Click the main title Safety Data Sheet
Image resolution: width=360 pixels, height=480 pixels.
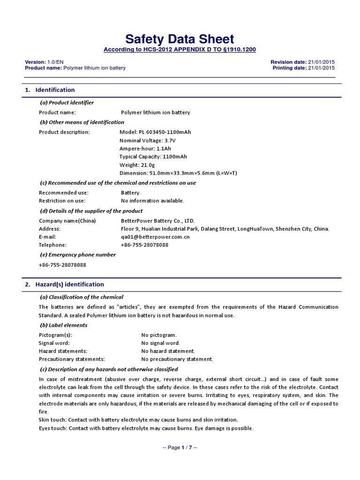tap(180, 39)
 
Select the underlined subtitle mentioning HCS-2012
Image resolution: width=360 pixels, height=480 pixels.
tap(180, 50)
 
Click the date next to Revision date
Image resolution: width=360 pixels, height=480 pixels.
tap(321, 62)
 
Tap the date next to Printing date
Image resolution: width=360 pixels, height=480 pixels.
tap(321, 68)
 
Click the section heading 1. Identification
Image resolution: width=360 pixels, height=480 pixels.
tap(50, 90)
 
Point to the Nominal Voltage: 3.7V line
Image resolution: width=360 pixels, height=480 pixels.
tap(148, 141)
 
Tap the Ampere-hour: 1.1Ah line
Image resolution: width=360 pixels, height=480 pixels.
tap(144, 149)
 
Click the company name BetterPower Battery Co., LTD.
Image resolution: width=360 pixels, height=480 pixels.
tap(157, 221)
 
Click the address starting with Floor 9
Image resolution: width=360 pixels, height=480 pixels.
tap(225, 229)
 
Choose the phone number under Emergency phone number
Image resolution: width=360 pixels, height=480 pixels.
tap(62, 265)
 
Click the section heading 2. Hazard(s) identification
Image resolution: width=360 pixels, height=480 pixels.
tap(64, 285)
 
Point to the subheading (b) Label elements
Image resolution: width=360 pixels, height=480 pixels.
tap(63, 325)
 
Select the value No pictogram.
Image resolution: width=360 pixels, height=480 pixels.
tap(159, 335)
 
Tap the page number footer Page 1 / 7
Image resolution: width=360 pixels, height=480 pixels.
tap(180, 448)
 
